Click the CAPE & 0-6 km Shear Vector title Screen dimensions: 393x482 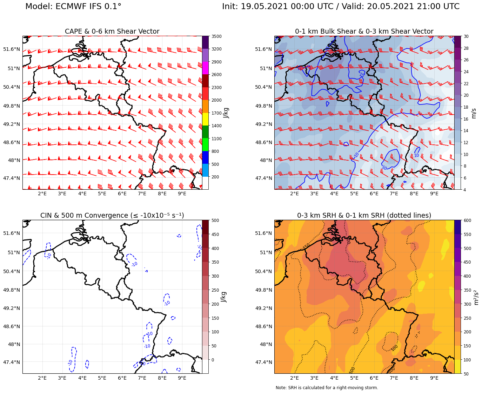tap(112, 32)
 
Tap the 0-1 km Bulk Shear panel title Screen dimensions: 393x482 tap(364, 32)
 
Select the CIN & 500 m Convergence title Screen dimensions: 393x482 tap(112, 215)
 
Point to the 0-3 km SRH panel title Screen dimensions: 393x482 tap(364, 215)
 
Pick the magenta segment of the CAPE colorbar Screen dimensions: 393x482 tap(205, 68)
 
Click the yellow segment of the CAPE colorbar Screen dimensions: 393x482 tap(205, 119)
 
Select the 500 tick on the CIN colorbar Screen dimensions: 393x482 tap(215, 221)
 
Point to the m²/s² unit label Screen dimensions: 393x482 tap(476, 297)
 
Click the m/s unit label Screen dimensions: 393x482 tap(474, 113)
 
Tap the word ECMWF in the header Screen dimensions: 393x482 tap(73, 7)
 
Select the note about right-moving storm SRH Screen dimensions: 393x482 tap(327, 388)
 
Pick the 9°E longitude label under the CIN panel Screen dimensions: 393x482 tap(182, 378)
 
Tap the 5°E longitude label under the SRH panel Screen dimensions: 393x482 tap(354, 378)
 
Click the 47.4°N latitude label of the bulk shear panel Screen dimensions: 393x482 tap(264, 178)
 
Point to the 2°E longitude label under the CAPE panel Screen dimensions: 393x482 tap(42, 194)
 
